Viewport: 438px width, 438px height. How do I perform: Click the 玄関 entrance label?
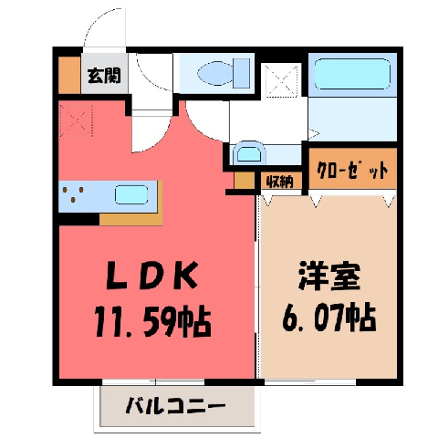[104, 76]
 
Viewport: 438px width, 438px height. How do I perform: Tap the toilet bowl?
[215, 73]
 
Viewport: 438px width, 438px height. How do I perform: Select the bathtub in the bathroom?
[352, 74]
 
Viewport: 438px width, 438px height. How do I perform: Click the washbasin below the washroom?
[249, 153]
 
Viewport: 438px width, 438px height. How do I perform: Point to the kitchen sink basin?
[131, 194]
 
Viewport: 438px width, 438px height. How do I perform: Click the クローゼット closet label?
[352, 172]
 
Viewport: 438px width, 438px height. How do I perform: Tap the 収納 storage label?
[280, 182]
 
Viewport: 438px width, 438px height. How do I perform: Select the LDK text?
[152, 276]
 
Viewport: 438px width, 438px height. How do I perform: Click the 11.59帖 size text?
[152, 321]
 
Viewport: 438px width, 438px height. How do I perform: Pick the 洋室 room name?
[329, 276]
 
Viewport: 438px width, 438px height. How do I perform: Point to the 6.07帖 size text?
[329, 317]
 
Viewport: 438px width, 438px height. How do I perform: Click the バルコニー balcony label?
[175, 405]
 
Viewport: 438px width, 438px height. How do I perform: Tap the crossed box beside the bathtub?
[281, 80]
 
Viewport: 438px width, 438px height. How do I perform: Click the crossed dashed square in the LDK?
[76, 120]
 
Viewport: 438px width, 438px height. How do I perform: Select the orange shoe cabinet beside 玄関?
[69, 75]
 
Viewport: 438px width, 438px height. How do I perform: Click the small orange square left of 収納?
[245, 181]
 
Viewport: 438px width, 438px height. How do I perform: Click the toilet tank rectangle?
[243, 73]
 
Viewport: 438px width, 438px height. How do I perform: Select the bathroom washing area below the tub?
[353, 120]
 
